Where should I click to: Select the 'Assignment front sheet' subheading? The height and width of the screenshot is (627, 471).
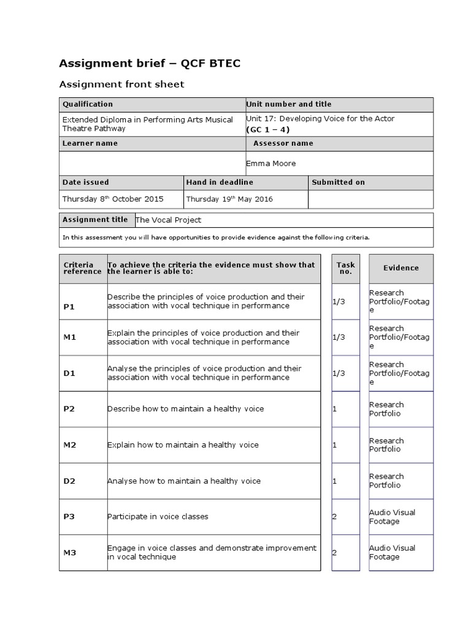coord(121,84)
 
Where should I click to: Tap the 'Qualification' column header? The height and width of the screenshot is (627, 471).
coord(88,105)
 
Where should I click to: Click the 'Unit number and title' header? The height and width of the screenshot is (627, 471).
coord(288,105)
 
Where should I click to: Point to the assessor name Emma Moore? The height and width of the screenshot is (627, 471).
coord(270,163)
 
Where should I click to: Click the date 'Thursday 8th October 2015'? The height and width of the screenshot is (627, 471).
coord(112,199)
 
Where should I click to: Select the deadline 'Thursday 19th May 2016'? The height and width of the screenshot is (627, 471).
coord(229,199)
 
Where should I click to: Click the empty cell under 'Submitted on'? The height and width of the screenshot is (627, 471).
coord(370,199)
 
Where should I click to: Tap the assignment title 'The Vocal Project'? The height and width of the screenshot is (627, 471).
coord(167,220)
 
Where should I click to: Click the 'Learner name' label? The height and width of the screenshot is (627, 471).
coord(90,143)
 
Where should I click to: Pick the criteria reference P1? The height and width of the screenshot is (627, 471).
coord(69,307)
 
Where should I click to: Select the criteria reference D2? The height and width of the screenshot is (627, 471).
coord(69,481)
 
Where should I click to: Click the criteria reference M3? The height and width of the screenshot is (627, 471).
coord(69,553)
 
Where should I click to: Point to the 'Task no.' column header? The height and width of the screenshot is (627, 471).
coord(345,268)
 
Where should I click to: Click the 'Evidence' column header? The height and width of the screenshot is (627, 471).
coord(401,268)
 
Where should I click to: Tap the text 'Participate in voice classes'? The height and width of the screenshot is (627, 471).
coord(158,517)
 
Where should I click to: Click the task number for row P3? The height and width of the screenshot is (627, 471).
coord(335,517)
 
